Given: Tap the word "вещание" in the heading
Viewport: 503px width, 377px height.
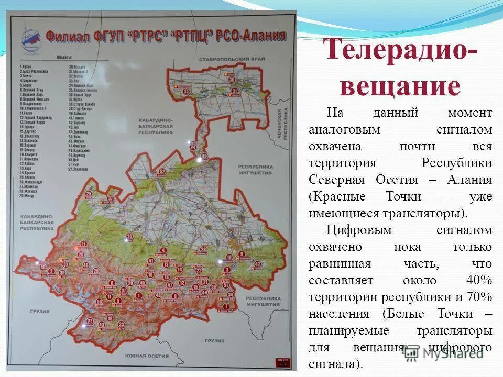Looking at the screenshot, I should [400, 86].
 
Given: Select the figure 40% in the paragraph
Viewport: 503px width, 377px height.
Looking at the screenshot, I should [479, 280].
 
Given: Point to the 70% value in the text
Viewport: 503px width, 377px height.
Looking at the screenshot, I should [479, 297].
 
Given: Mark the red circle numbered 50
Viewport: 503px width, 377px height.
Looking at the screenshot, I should [99, 303].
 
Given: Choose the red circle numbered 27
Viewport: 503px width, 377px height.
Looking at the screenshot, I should [90, 321].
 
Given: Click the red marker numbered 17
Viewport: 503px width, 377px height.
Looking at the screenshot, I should [111, 198].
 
